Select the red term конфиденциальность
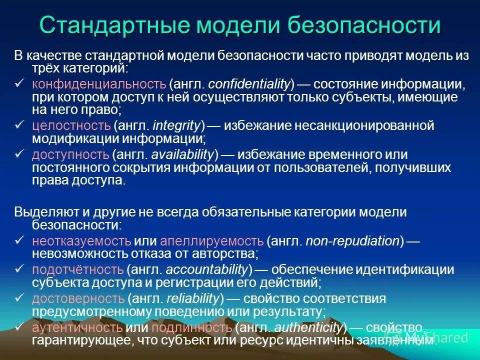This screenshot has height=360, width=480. [x=98, y=83]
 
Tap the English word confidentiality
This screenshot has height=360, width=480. [x=250, y=83]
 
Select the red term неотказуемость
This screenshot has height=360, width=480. [x=81, y=240]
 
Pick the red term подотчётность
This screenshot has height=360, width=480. [x=77, y=270]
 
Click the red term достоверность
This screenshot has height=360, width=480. [x=77, y=299]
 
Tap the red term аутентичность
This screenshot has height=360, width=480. [x=77, y=328]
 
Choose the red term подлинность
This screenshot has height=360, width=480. [x=191, y=328]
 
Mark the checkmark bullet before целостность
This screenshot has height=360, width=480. [x=20, y=125]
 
